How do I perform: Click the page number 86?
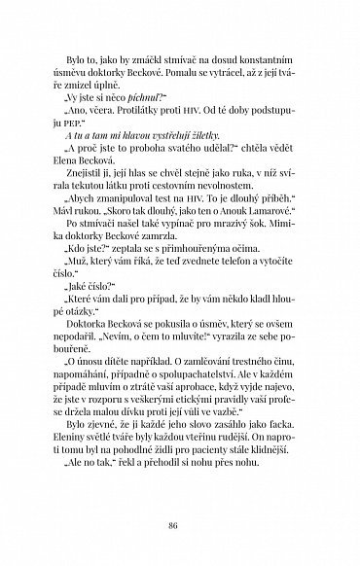tap(180, 524)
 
